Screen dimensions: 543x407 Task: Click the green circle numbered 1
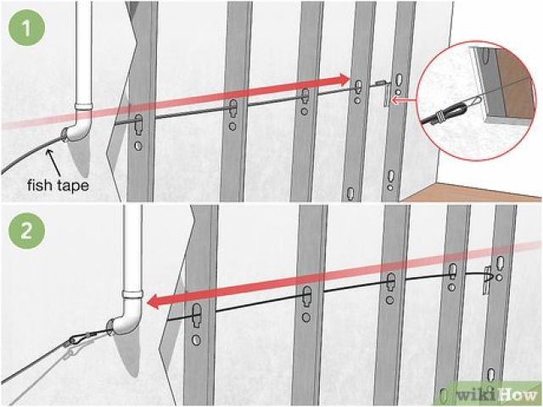pos(27,28)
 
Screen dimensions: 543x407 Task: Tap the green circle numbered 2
pos(27,231)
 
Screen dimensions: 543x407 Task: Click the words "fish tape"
pos(58,185)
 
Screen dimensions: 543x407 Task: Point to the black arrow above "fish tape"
pos(53,162)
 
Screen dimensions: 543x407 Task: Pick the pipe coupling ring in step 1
pos(84,105)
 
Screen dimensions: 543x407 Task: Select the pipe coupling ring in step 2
pos(132,294)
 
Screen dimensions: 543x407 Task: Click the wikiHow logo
pos(495,393)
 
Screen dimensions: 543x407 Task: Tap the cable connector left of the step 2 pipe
pos(82,337)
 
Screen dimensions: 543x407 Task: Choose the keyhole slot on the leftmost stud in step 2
pos(197,315)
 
